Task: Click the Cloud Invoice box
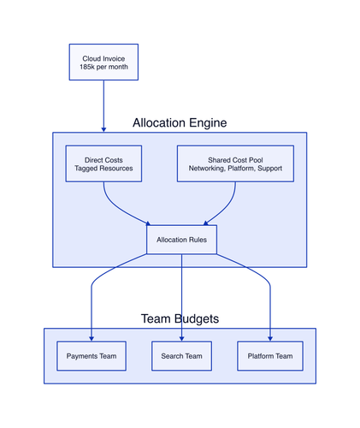(103, 62)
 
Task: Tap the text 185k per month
(103, 67)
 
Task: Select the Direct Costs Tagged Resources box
(103, 163)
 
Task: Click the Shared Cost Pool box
(235, 163)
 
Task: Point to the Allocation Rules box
(181, 240)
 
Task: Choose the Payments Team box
(91, 356)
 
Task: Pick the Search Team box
(181, 356)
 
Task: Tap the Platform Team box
(270, 356)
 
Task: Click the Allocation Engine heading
(180, 123)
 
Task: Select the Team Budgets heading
(180, 318)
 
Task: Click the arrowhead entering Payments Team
(91, 339)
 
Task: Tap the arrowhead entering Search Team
(181, 339)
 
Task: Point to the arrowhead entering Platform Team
(270, 339)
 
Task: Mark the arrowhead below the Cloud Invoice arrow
(103, 129)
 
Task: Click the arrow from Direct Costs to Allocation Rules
(118, 209)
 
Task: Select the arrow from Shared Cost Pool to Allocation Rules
(226, 207)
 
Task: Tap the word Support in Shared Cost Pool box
(269, 169)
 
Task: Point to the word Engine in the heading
(208, 123)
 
